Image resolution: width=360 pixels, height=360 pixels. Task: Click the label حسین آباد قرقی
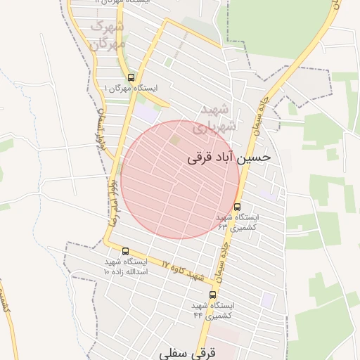click(x=229, y=157)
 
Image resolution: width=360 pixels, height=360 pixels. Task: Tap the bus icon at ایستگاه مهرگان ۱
click(x=131, y=77)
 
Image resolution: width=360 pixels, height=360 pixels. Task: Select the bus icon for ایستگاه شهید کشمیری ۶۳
click(x=237, y=207)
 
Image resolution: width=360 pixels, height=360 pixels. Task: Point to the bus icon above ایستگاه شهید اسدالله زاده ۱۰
click(x=125, y=251)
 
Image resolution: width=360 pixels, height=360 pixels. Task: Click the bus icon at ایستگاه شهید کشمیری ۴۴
click(x=212, y=295)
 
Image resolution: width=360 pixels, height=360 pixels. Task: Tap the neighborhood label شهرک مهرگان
click(x=108, y=34)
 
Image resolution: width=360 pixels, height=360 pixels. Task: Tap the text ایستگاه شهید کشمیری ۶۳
click(x=237, y=222)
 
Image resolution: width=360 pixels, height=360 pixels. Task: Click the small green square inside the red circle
click(x=174, y=141)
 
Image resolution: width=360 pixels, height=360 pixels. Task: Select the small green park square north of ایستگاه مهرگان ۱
click(x=168, y=62)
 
